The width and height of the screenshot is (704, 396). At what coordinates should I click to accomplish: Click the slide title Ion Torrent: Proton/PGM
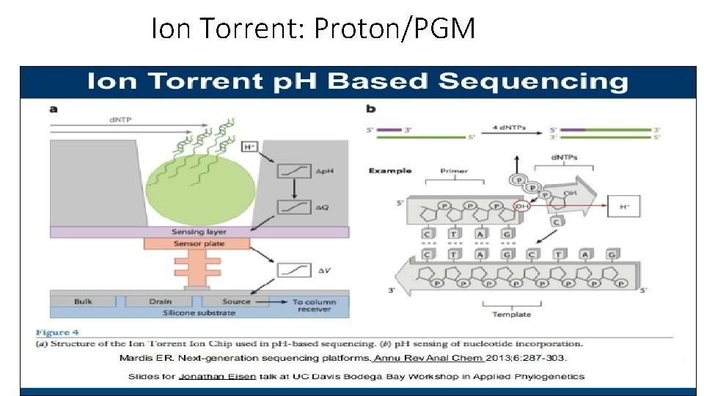pyautogui.click(x=313, y=29)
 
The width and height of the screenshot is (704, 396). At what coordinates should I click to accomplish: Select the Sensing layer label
pyautogui.click(x=199, y=232)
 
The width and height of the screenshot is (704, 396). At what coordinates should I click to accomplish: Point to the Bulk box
pyautogui.click(x=84, y=301)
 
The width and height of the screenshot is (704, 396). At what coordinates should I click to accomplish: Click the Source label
pyautogui.click(x=236, y=301)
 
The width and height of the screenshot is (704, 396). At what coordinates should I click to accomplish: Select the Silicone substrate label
pyautogui.click(x=199, y=312)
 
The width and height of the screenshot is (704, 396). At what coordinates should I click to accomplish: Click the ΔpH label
pyautogui.click(x=324, y=172)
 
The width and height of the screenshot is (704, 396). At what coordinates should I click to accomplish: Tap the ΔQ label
pyautogui.click(x=323, y=208)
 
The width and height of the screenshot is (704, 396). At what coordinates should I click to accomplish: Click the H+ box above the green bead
pyautogui.click(x=249, y=147)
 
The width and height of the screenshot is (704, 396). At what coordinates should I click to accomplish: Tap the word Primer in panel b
pyautogui.click(x=454, y=171)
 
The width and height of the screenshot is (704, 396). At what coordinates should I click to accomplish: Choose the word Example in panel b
pyautogui.click(x=390, y=171)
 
